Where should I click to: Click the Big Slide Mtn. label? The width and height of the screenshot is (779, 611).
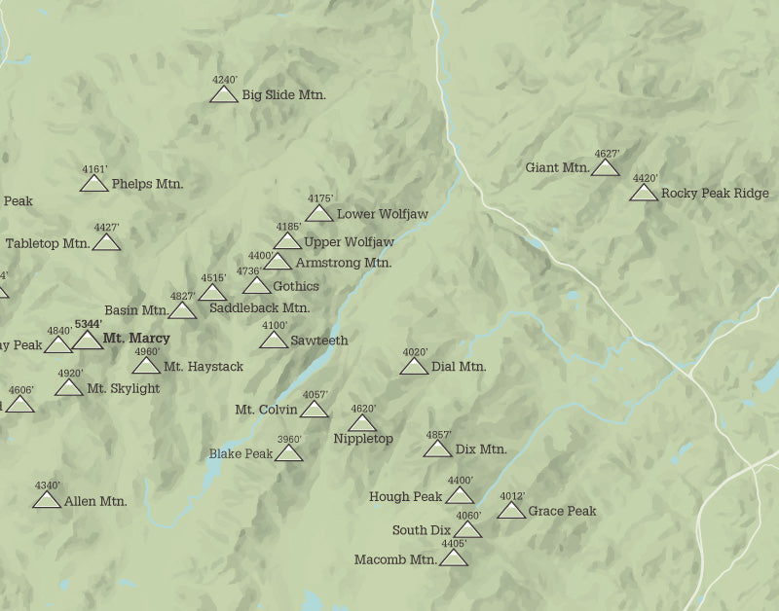coord(283,95)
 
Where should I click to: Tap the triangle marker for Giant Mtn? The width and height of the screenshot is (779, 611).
coord(605,168)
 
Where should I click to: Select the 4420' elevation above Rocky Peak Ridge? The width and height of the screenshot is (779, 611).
coord(645,178)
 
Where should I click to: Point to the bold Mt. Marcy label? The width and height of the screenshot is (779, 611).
coord(136,339)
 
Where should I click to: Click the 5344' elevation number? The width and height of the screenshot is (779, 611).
coord(88,323)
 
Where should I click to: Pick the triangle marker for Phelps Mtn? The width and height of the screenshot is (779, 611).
coord(94,184)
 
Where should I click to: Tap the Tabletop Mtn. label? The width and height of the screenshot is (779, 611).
coord(48,243)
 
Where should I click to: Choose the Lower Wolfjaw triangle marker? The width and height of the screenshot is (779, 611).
coord(319,214)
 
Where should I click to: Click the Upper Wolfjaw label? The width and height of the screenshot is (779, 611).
coord(349,241)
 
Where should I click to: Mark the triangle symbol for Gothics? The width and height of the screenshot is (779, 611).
coord(256,286)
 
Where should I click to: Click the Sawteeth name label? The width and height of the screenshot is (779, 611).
coord(318,341)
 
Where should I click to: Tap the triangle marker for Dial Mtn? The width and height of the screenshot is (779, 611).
coord(414,367)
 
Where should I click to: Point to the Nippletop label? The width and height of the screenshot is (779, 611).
coord(363,439)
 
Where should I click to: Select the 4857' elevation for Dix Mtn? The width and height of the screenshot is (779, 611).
coord(438,435)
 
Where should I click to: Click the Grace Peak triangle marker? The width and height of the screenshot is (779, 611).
coord(511,511)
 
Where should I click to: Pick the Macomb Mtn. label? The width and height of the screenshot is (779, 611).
coord(394,559)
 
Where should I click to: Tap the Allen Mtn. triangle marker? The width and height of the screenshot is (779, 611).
coord(47,501)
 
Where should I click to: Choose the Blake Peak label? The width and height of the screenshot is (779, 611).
coord(241,453)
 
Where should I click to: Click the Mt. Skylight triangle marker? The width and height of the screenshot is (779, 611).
coord(69,388)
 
